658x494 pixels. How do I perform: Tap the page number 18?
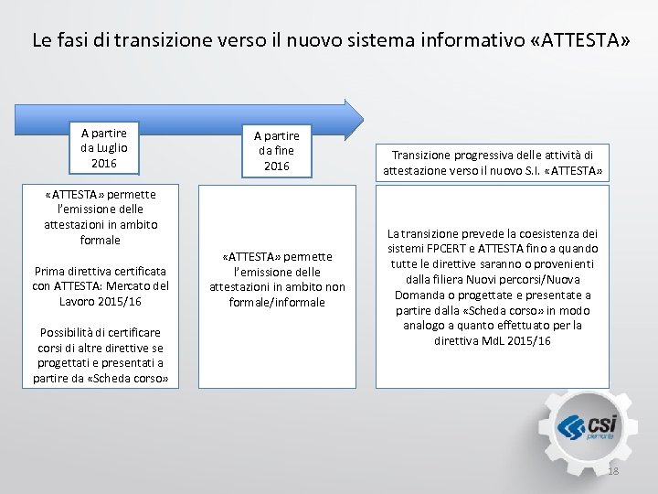coord(613,471)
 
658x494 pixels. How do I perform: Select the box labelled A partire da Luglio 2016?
coord(104,148)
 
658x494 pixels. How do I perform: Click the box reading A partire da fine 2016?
coord(276,150)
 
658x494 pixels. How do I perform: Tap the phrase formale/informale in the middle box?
coord(277,302)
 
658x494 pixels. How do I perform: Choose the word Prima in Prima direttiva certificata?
coord(49,271)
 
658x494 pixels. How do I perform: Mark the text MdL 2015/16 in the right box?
coord(516,340)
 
